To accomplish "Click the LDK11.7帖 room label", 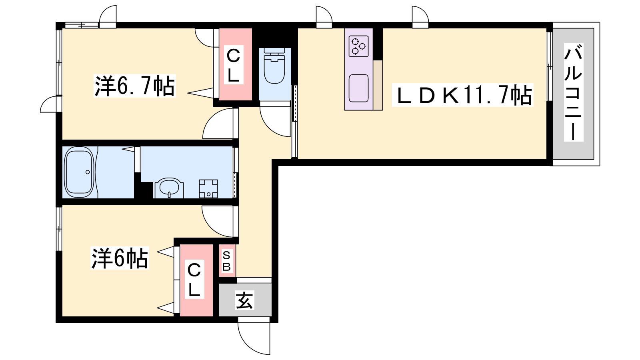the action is (463, 95).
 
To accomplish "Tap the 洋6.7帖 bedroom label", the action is (134, 86).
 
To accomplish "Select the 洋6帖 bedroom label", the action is (120, 258).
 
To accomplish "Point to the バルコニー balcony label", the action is (574, 92).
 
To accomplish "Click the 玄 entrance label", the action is (244, 300).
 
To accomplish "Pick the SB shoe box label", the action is (226, 261).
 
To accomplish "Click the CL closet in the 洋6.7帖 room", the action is (234, 65).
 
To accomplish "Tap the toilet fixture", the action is (274, 66).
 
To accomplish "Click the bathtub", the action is (79, 172).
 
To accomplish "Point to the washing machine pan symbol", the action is (208, 188).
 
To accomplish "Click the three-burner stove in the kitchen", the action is (358, 46).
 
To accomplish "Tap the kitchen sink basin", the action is (358, 88).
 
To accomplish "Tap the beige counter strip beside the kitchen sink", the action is (378, 85).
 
